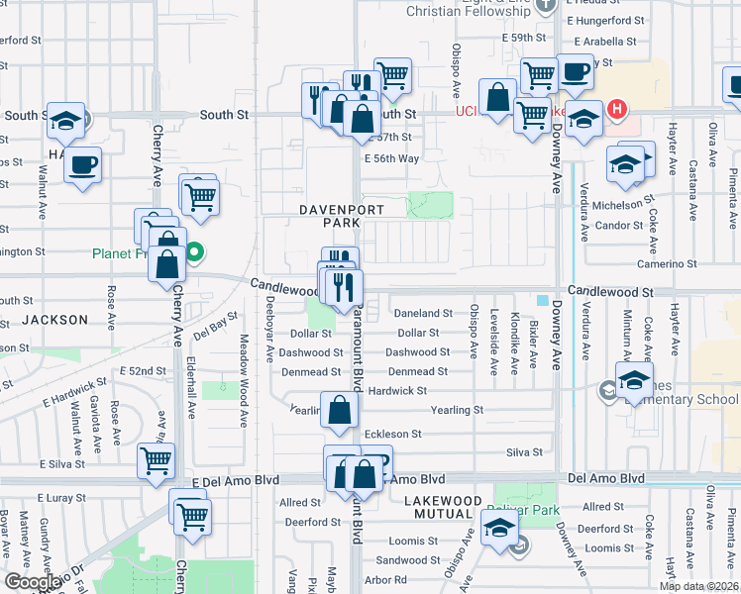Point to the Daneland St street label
(x=423, y=313)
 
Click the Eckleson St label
(x=393, y=434)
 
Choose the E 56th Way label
(x=391, y=158)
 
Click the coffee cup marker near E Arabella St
(x=575, y=70)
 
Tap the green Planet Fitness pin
(x=195, y=252)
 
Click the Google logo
(x=33, y=582)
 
